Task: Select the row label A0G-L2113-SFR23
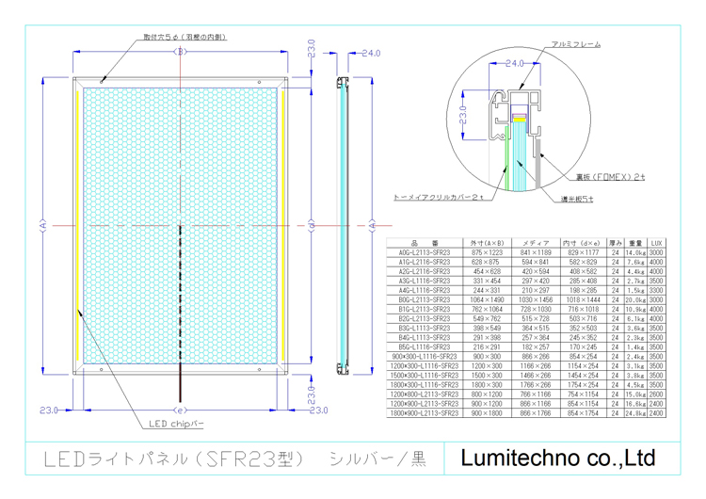pos(425,252)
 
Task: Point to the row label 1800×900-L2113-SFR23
pos(425,412)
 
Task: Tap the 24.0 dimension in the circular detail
pos(514,64)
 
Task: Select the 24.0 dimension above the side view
pos(369,54)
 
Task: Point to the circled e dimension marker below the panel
pos(179,410)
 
